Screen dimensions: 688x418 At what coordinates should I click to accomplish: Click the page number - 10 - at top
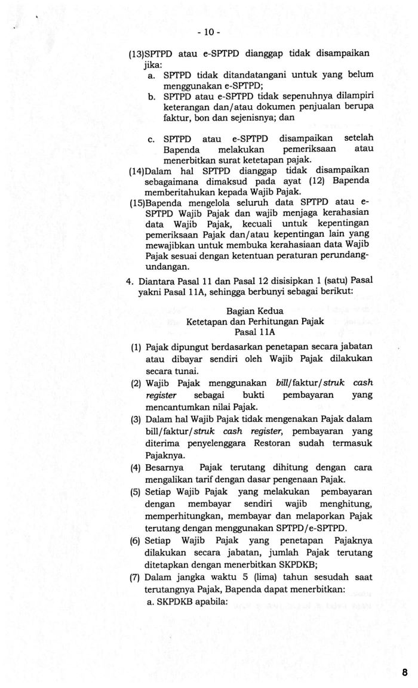[x=209, y=32]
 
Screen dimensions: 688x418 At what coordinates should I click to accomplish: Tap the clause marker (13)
[x=137, y=54]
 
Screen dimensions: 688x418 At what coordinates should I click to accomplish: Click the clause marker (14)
[x=137, y=171]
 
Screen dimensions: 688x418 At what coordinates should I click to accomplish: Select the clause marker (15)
[x=137, y=202]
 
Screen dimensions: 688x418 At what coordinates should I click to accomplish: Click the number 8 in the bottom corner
[x=404, y=672]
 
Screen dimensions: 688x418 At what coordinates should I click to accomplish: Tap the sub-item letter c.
[x=151, y=139]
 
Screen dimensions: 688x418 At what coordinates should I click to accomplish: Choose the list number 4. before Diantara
[x=129, y=280]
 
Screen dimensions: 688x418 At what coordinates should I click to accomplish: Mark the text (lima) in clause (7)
[x=256, y=576]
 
